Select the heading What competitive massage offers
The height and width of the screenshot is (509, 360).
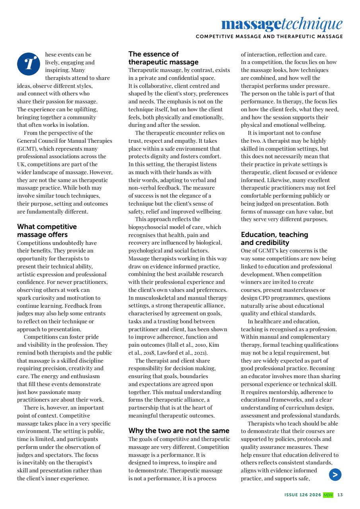pos(47,231)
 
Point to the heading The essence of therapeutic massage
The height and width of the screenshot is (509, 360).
pos(163,58)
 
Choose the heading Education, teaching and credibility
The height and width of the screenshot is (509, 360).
pos(274,239)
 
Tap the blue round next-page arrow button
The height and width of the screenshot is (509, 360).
pos(335,474)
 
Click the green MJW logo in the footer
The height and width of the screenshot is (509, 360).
pos(328,495)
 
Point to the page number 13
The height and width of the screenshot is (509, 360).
pos(340,495)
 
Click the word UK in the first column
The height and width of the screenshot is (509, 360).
pos(21,164)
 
